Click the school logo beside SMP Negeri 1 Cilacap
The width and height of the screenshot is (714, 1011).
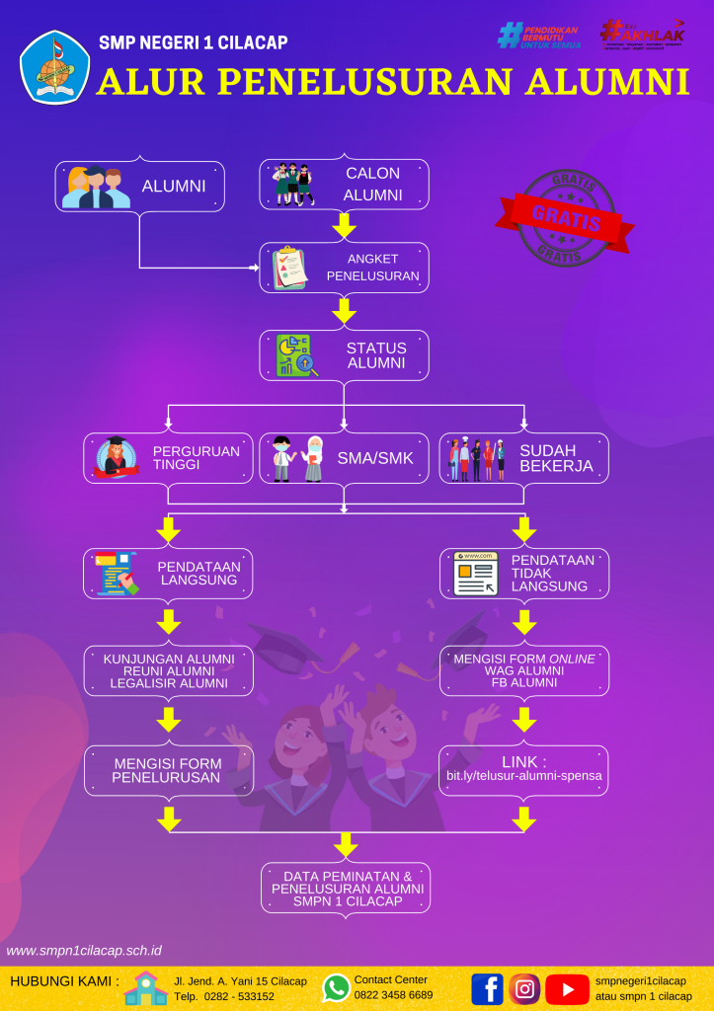point(54,67)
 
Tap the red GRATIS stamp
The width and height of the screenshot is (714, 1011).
point(566,218)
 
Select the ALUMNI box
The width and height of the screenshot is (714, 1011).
point(139,186)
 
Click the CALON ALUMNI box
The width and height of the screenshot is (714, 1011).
point(344,185)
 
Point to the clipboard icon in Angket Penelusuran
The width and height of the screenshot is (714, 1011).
point(290,268)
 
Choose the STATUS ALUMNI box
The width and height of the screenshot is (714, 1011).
point(344,355)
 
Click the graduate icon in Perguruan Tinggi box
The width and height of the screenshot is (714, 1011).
point(117,457)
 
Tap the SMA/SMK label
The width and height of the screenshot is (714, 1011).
point(375,458)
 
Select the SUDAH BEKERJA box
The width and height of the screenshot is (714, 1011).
point(523,458)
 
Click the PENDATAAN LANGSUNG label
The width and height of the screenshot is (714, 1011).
point(197,574)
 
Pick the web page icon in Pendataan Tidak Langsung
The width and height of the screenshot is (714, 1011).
point(475,574)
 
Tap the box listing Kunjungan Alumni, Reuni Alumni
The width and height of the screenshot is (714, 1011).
point(168,671)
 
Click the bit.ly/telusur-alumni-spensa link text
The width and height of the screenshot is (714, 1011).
point(523,777)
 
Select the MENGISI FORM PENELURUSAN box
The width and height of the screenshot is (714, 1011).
point(168,770)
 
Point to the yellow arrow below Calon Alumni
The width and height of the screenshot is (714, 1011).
point(344,226)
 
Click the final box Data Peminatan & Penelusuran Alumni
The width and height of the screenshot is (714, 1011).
point(346,889)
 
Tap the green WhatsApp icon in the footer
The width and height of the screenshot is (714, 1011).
point(336,987)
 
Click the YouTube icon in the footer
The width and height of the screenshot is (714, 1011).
point(567,988)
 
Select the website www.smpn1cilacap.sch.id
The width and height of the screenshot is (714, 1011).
point(84,951)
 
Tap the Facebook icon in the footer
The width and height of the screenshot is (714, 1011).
point(487,988)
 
